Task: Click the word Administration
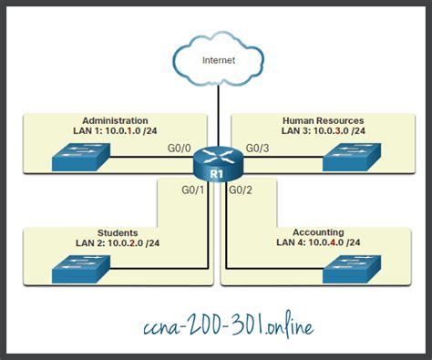(x=115, y=120)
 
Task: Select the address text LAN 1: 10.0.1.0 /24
(x=115, y=132)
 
